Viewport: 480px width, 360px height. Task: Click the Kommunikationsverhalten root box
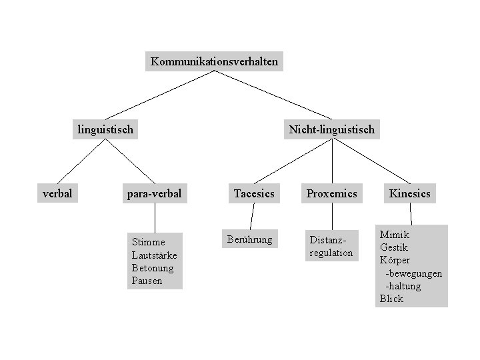click(214, 62)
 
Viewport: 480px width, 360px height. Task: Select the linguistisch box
click(106, 129)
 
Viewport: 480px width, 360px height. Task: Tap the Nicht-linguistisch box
click(332, 129)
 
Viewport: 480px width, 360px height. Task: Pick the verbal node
click(57, 193)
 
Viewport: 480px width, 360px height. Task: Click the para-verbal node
click(155, 194)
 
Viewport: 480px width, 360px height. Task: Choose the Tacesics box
click(254, 194)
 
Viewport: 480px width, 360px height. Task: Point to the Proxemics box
click(331, 194)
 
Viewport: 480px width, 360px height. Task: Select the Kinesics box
click(410, 194)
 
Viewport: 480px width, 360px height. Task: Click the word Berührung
click(250, 239)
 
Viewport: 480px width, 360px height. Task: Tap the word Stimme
click(148, 242)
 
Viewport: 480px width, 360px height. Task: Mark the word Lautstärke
click(155, 255)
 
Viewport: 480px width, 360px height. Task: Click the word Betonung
click(153, 268)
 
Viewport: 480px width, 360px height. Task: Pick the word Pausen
click(147, 281)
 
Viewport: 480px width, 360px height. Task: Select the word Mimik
click(395, 235)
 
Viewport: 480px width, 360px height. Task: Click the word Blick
click(391, 299)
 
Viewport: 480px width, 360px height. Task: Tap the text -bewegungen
click(413, 273)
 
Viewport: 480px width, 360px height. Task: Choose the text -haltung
click(403, 286)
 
